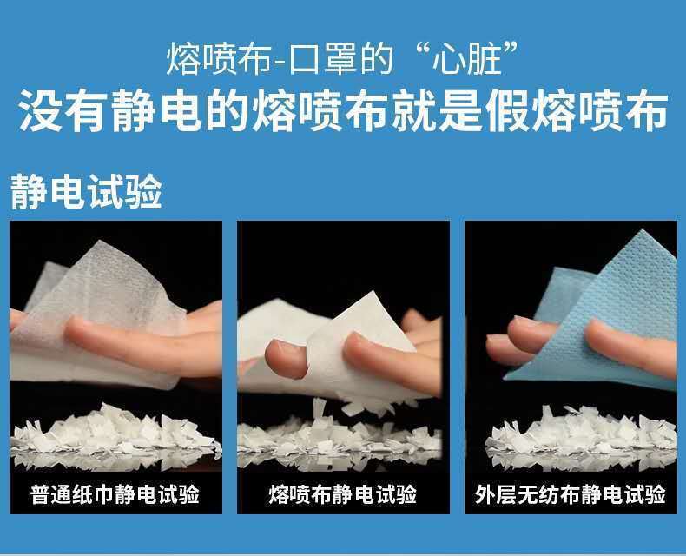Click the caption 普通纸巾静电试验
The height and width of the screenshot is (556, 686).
point(115,494)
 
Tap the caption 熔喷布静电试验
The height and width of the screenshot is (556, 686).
point(342,494)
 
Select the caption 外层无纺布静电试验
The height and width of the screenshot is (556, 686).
point(571,494)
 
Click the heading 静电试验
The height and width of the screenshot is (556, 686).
point(86,191)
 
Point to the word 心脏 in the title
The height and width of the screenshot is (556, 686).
point(466,58)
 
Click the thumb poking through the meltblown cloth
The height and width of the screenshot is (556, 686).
point(287,359)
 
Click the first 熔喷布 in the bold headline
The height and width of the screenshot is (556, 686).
point(320,110)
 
